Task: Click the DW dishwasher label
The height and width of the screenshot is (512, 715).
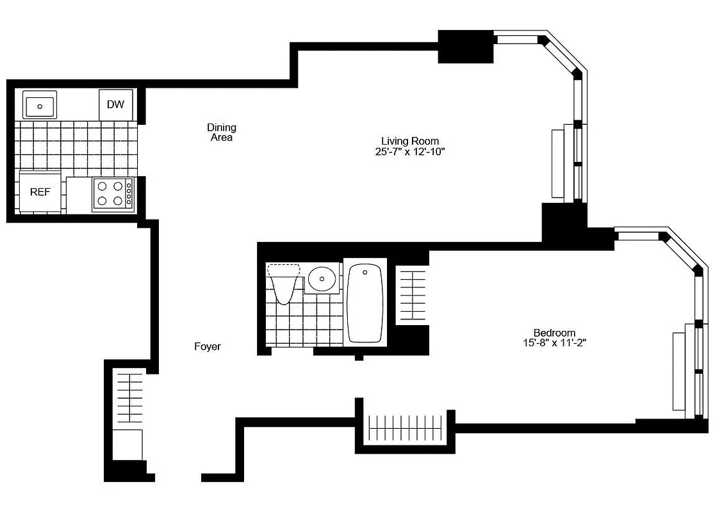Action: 115,104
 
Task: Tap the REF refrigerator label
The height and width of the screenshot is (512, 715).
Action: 40,192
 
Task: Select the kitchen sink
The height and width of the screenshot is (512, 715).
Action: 40,104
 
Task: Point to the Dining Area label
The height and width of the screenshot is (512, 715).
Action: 221,132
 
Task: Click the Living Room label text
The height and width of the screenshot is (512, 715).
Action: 410,141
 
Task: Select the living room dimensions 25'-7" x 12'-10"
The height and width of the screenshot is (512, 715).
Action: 410,152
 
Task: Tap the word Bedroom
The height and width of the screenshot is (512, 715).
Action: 554,333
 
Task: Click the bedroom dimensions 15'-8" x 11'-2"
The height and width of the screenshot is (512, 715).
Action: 554,343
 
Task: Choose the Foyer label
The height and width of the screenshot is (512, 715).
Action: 208,347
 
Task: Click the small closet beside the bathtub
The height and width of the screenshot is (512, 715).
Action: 412,295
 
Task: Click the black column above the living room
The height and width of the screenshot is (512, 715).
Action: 466,47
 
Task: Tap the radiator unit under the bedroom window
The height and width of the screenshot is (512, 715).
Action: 678,371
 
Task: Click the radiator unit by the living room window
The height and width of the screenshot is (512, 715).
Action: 558,163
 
